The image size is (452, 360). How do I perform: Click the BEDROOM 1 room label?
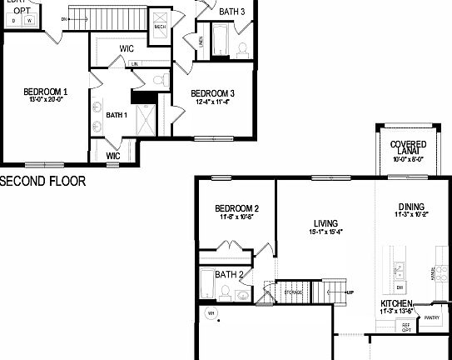(45, 91)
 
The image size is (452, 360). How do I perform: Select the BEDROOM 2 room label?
(237, 208)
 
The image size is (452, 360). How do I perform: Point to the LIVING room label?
(325, 223)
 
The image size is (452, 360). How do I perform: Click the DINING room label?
(411, 207)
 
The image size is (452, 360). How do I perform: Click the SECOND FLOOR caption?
(42, 181)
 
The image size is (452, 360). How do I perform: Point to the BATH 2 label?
(228, 274)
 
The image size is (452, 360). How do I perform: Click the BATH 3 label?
(232, 12)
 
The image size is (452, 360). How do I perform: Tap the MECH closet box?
(161, 27)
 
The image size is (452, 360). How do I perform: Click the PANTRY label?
(432, 317)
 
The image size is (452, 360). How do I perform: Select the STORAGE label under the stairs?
(293, 292)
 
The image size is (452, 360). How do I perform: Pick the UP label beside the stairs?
(350, 292)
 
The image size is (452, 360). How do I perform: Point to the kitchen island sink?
(400, 268)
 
